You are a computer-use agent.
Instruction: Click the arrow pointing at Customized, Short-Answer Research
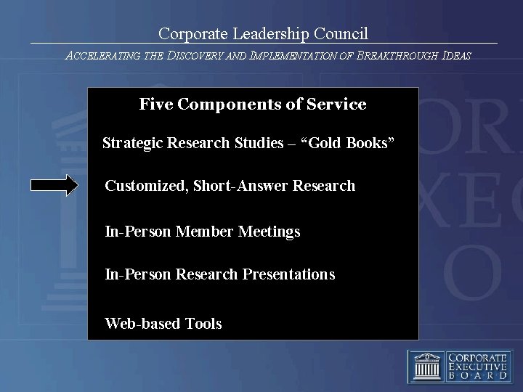pyautogui.click(x=54, y=186)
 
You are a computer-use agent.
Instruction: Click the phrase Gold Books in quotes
pyautogui.click(x=352, y=142)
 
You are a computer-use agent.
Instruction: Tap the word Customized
pyautogui.click(x=145, y=186)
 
